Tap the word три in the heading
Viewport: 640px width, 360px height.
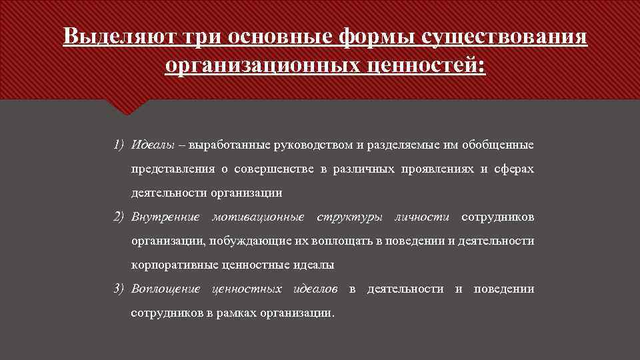coord(201,36)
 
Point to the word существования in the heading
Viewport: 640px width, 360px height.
coord(506,36)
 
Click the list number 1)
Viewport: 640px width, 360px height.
coord(119,145)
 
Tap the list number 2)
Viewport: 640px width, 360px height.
coord(119,217)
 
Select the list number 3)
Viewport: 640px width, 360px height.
coord(119,289)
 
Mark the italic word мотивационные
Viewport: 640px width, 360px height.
coord(258,217)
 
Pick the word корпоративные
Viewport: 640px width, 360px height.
coord(169,265)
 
